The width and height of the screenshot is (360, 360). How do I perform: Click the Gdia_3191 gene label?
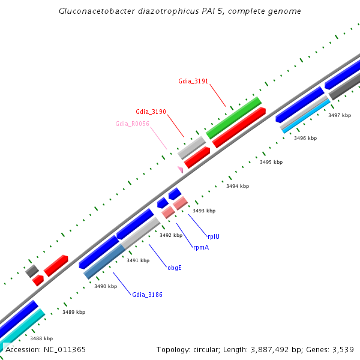point(193,81)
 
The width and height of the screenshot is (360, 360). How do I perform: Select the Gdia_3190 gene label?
point(151,112)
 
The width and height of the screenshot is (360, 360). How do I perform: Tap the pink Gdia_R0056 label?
point(132,124)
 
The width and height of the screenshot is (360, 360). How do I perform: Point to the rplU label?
point(213,236)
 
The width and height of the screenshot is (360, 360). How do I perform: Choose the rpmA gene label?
point(201,247)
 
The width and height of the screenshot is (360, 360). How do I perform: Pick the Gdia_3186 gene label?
point(147,295)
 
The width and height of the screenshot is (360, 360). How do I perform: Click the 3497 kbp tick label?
point(340,115)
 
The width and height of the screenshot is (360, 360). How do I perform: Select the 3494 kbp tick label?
point(237,187)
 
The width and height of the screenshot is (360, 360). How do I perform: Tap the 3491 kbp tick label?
point(137,260)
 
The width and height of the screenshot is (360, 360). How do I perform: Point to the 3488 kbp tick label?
point(41,338)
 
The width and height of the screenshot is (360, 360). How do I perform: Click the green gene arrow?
point(233,118)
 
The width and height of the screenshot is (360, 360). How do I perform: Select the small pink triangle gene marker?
point(179,170)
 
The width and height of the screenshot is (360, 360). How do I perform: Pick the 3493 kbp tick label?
point(203,211)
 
